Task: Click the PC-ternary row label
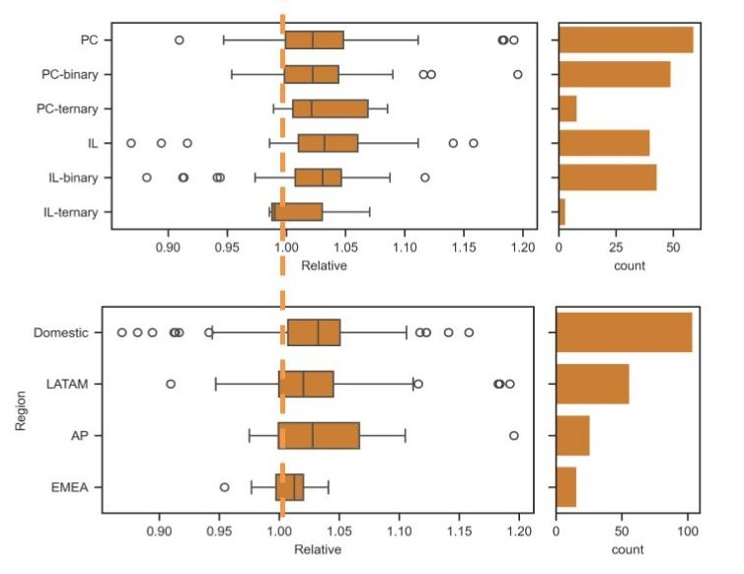[x=74, y=108]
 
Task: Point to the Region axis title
[x=20, y=408]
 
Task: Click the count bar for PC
[x=626, y=39]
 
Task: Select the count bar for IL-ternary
[x=561, y=212]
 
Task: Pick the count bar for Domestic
[x=624, y=332]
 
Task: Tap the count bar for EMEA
[x=565, y=486]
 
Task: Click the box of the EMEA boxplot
[x=289, y=486]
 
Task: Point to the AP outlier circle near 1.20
[x=513, y=435]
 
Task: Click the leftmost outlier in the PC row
[x=179, y=39]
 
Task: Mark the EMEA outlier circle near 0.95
[x=224, y=486]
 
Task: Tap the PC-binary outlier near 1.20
[x=518, y=74]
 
